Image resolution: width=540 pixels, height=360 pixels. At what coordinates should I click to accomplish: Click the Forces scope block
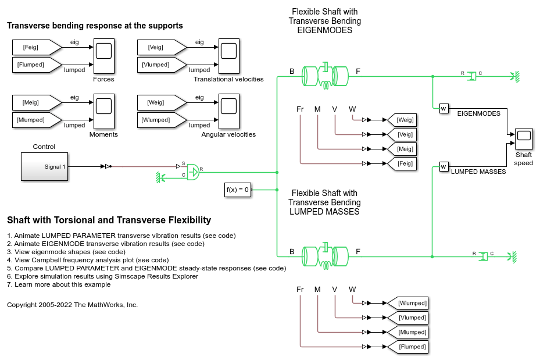tap(103, 56)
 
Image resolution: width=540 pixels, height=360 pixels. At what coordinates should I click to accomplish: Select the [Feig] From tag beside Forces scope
tap(37, 47)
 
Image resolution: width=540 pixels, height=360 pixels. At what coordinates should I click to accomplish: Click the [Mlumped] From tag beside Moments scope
tap(37, 120)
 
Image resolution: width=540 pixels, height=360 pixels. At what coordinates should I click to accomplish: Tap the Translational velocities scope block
tap(228, 56)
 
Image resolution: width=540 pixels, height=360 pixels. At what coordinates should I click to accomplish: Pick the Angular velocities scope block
tap(228, 111)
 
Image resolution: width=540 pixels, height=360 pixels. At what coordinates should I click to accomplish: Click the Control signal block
tap(44, 167)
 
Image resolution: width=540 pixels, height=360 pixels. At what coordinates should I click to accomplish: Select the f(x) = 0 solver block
tap(238, 190)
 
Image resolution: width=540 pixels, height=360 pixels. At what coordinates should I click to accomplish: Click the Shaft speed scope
tap(524, 139)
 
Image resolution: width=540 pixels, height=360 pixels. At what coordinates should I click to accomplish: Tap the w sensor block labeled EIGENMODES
tap(444, 109)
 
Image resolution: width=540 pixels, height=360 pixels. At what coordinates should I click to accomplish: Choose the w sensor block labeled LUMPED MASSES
tap(444, 167)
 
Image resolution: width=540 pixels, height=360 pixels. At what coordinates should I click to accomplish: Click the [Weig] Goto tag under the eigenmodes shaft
tap(402, 120)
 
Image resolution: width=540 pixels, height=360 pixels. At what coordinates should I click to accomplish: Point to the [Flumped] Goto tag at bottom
tap(407, 347)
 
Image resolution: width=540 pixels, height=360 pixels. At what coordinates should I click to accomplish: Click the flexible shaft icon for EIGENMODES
tap(325, 76)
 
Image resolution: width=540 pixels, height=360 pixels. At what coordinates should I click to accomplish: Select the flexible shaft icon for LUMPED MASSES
tap(325, 256)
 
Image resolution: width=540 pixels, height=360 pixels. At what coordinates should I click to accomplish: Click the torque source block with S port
tap(193, 172)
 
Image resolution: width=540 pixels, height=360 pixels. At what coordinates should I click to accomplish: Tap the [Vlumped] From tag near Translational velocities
tap(162, 65)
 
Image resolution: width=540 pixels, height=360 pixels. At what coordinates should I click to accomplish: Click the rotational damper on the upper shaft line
tap(472, 76)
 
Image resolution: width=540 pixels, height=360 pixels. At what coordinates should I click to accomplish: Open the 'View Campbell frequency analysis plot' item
tap(88, 260)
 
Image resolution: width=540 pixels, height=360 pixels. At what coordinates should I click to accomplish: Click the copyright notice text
tap(72, 305)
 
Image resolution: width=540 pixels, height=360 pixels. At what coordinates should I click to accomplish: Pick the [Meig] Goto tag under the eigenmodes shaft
tap(402, 149)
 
